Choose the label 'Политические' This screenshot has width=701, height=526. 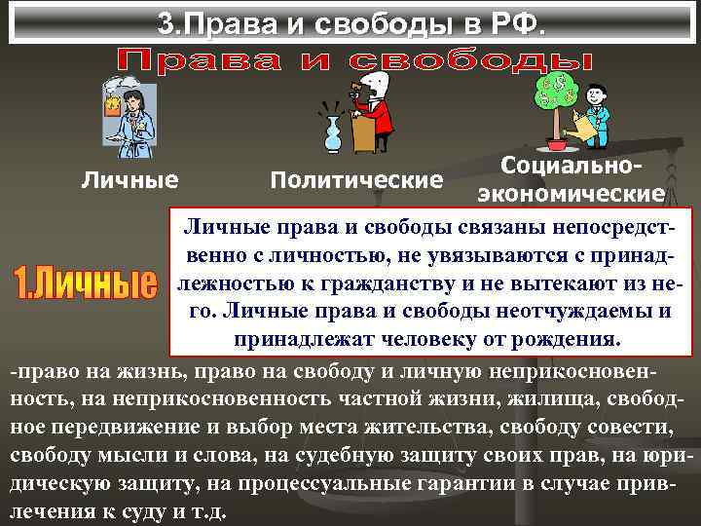coord(355,180)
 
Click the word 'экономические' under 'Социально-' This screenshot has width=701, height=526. coord(571,193)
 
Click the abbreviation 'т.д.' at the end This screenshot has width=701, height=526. coord(209,512)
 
